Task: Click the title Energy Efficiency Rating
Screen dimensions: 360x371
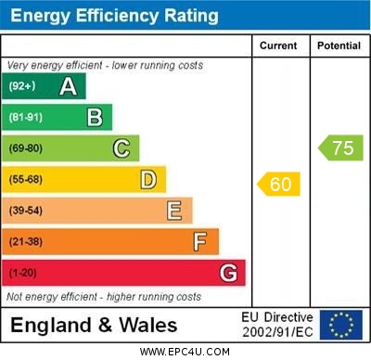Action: [114, 16]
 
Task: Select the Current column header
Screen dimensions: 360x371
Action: [278, 45]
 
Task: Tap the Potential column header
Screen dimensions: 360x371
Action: [339, 45]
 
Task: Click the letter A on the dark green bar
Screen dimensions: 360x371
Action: [68, 86]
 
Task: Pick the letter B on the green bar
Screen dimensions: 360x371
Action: [95, 117]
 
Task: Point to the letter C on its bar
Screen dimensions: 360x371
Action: [122, 148]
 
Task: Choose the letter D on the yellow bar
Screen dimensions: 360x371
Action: [148, 179]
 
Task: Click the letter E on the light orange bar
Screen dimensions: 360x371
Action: [174, 211]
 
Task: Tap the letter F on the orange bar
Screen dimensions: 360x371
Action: [200, 242]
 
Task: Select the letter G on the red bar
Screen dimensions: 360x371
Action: [228, 273]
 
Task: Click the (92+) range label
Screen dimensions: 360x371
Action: [23, 87]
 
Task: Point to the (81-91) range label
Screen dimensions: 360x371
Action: [27, 118]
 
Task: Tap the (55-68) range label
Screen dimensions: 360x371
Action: [27, 180]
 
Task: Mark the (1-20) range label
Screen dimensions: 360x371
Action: [24, 274]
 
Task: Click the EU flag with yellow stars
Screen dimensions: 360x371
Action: [341, 325]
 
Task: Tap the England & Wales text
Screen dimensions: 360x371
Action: [93, 325]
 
